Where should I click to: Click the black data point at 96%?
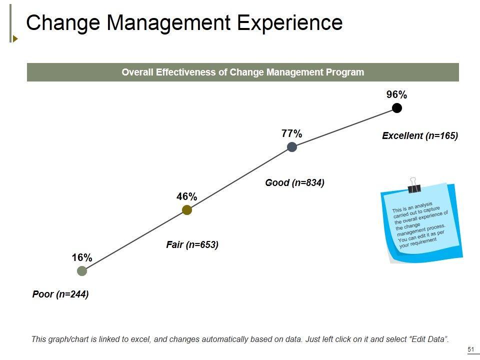397,108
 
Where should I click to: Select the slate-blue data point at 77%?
292,147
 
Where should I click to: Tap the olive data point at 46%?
187,210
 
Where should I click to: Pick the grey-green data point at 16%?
82,271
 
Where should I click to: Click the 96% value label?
397,95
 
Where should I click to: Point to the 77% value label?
291,133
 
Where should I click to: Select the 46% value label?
186,197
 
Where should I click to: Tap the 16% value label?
82,258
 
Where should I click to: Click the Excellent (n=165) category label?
420,135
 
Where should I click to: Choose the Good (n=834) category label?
295,183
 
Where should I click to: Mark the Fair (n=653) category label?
192,245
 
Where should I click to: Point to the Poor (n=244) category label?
60,294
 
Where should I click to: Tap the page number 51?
470,349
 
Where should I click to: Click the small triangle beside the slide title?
15,38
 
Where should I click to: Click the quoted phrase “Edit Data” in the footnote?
428,339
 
